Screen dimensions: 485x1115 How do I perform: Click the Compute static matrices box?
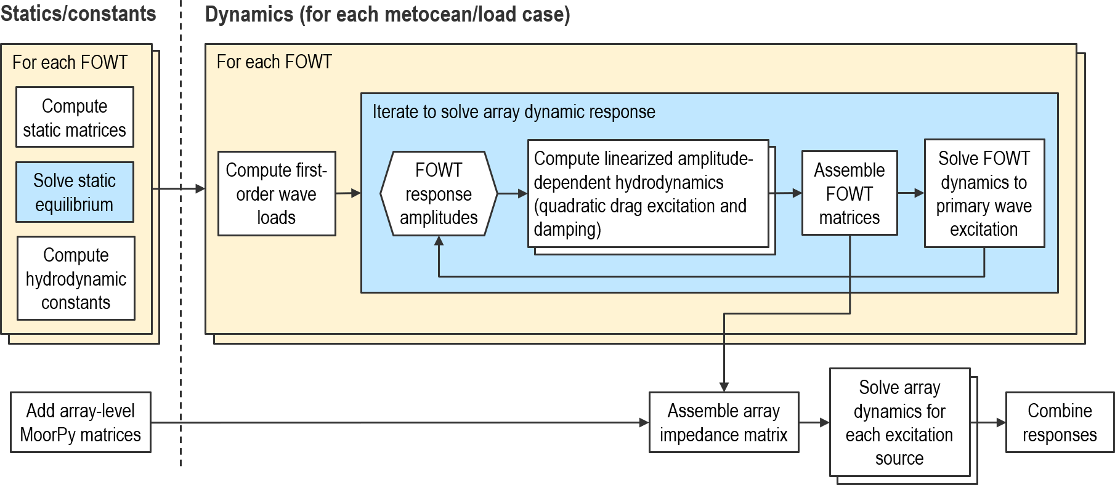75,117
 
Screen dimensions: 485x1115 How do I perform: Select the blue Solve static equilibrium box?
75,192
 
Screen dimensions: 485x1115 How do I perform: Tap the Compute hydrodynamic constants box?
76,278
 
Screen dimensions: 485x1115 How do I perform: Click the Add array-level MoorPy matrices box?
81,422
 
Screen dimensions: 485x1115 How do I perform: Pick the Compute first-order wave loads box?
277,193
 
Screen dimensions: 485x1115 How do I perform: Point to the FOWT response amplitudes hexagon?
439,193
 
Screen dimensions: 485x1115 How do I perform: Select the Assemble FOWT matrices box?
849,193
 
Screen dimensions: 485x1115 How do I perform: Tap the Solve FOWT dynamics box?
984,193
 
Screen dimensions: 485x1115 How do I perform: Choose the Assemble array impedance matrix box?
724,422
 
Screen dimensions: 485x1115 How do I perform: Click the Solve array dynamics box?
899,422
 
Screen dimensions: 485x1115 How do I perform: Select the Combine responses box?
1060,422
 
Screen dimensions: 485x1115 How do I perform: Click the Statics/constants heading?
78,14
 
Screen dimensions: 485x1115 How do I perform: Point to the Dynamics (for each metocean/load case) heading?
387,14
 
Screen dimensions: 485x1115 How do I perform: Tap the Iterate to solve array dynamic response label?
514,112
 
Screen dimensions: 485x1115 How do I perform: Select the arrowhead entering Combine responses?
1001,422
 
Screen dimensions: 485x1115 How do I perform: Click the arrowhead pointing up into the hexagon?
439,241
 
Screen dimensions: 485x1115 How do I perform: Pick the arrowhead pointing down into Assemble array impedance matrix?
724,387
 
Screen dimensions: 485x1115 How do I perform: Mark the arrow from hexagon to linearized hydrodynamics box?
512,193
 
